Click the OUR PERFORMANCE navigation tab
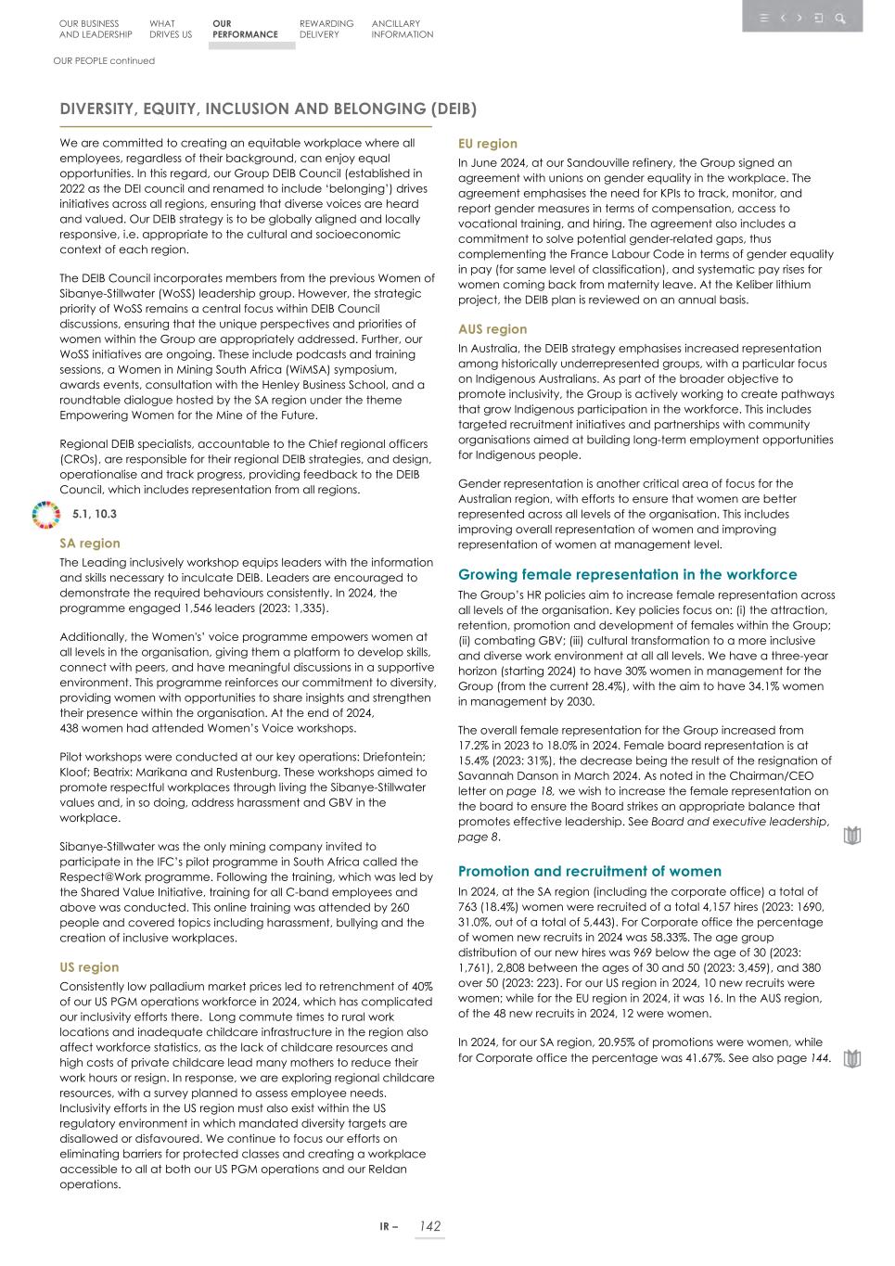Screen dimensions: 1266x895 click(245, 29)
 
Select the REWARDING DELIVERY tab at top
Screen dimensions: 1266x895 click(326, 29)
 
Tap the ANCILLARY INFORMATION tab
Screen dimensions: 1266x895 click(402, 29)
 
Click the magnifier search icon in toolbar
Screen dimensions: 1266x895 click(840, 18)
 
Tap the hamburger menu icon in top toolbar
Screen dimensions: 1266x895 click(763, 18)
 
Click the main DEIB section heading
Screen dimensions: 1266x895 click(268, 109)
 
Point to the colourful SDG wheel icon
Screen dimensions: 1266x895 click(45, 514)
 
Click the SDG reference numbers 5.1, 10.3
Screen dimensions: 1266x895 click(95, 514)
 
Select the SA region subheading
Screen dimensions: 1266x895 click(90, 543)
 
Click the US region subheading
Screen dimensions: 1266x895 click(89, 967)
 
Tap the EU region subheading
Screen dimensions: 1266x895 click(488, 144)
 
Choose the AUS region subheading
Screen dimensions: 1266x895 click(492, 329)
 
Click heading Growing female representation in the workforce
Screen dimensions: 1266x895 click(628, 575)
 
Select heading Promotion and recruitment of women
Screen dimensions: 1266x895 click(590, 872)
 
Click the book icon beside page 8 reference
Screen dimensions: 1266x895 click(852, 837)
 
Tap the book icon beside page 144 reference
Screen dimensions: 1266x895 click(852, 1058)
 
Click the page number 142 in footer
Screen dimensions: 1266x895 click(429, 1226)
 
